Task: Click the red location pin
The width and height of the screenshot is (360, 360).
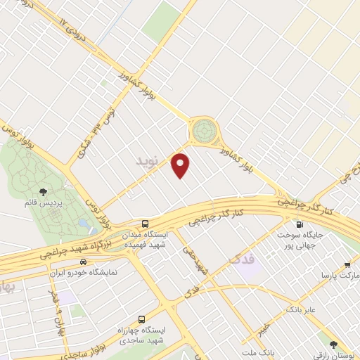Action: click(181, 166)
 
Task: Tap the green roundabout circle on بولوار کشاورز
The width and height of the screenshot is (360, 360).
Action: click(204, 129)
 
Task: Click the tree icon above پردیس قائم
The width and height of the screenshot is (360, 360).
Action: click(44, 191)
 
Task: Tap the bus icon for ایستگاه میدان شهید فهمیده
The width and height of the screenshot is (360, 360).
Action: click(145, 223)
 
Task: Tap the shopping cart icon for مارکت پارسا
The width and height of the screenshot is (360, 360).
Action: click(347, 266)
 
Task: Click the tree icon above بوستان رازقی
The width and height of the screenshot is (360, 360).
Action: click(333, 344)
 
